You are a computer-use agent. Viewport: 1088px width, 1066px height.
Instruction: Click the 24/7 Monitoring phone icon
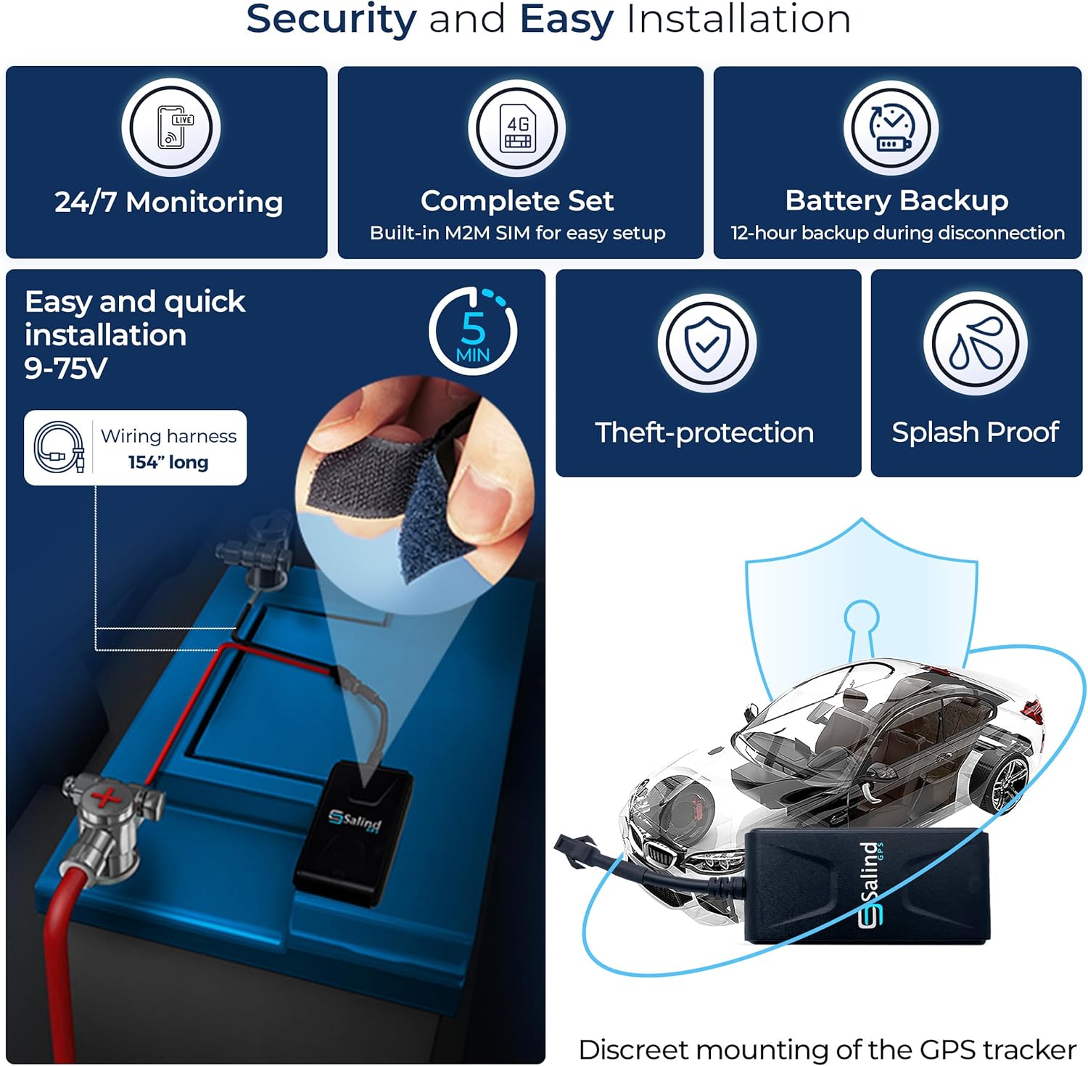[x=171, y=128]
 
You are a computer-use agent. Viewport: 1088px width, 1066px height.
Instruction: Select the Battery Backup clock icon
[x=891, y=128]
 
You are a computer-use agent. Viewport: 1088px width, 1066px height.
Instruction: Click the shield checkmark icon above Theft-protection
[x=707, y=343]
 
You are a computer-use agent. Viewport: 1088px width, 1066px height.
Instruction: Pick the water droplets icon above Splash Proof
[x=976, y=343]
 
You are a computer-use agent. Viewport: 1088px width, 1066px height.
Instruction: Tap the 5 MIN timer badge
[x=473, y=331]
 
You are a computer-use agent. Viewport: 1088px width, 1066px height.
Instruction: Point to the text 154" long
[x=168, y=462]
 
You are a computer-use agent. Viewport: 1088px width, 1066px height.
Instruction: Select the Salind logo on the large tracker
[x=871, y=884]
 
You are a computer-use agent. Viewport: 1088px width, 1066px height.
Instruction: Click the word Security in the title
[x=331, y=19]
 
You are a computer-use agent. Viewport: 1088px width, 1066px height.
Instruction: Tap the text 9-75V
[x=66, y=369]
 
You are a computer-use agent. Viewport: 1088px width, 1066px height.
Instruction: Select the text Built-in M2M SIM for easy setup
[x=517, y=233]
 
